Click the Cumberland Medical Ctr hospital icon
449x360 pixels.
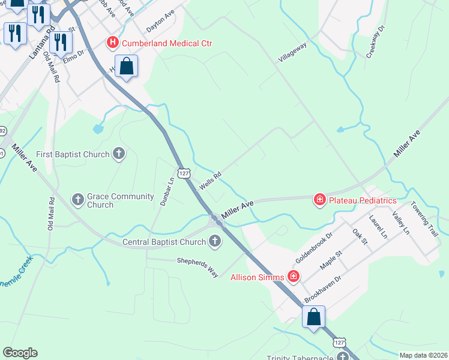tap(112, 43)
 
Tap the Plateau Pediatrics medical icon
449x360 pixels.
tap(320, 200)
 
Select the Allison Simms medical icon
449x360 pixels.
tap(294, 276)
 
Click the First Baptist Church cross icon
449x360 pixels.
tap(119, 154)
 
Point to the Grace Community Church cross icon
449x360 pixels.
tap(78, 199)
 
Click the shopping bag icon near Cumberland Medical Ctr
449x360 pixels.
tap(127, 67)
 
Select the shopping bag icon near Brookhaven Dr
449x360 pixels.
tap(313, 317)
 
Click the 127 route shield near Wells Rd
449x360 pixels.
tap(184, 173)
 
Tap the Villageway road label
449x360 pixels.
tap(292, 52)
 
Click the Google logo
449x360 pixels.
tap(20, 353)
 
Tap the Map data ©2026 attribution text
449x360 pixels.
tap(423, 355)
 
